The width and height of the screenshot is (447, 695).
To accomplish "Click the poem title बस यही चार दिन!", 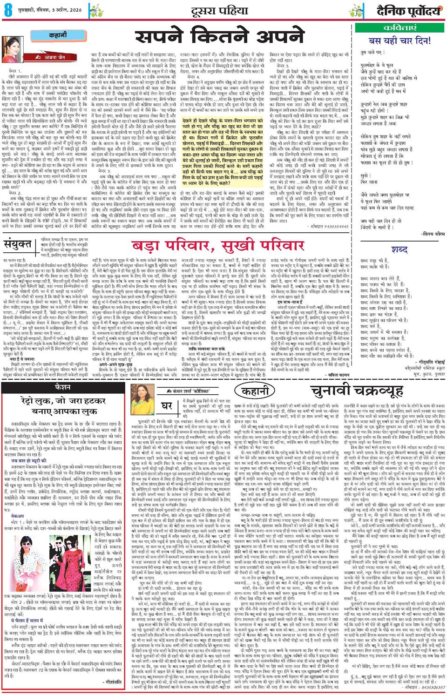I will pyautogui.click(x=400, y=41).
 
